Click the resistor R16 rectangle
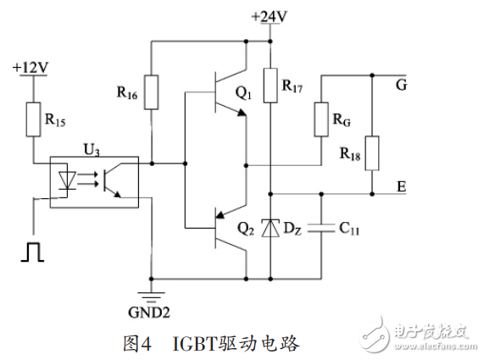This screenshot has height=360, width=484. (x=150, y=93)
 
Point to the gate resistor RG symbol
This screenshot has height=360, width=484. (x=321, y=119)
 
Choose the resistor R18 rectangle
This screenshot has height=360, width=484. (x=372, y=153)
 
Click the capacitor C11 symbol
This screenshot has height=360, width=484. (x=321, y=227)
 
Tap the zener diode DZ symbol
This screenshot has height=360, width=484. (x=270, y=227)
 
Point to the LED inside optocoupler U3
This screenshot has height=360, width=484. (x=72, y=181)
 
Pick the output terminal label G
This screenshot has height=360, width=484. (x=401, y=83)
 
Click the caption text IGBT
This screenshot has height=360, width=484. (x=197, y=344)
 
